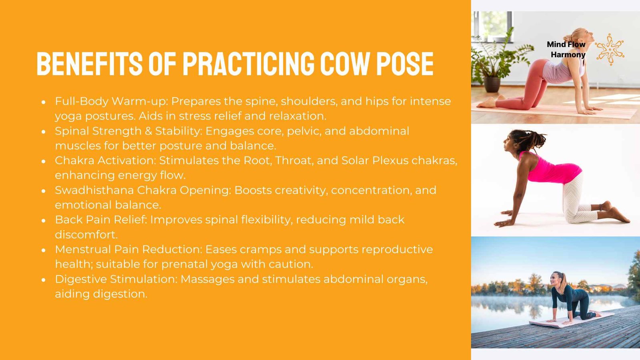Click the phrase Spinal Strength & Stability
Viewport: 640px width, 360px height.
click(128, 131)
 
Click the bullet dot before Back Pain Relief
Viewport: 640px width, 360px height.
click(44, 220)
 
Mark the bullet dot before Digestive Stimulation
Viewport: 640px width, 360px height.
click(44, 280)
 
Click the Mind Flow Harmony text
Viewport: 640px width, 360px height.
click(566, 49)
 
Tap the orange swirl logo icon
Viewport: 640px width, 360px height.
click(609, 49)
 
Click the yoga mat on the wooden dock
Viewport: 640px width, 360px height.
click(572, 320)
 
